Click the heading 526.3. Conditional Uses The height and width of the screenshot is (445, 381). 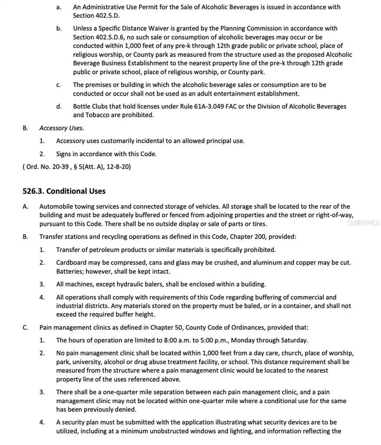64,191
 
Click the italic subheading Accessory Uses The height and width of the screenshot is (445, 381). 62,128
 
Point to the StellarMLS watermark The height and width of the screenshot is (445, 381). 364,222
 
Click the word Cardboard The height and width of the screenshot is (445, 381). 71,263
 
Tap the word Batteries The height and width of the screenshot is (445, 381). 70,272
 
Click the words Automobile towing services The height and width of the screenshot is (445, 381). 77,207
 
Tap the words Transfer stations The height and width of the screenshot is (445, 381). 62,237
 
